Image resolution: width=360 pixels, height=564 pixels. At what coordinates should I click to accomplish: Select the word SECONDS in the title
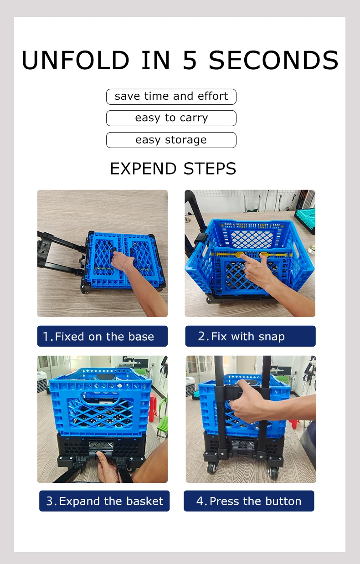[x=273, y=61]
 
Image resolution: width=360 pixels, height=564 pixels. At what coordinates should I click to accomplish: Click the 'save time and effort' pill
[x=171, y=97]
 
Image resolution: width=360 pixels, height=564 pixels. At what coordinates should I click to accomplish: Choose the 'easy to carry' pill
[x=171, y=118]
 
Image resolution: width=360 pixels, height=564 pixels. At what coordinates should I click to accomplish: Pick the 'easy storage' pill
[x=171, y=140]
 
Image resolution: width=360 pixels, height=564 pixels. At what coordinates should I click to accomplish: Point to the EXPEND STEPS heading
[x=173, y=169]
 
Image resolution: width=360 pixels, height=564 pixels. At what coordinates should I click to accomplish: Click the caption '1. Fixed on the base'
[x=103, y=336]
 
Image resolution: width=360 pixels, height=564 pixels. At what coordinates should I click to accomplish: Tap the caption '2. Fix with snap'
[x=250, y=336]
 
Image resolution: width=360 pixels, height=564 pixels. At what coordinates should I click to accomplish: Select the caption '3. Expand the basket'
[x=104, y=501]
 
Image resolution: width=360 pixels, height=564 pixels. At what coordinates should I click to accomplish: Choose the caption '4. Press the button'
[x=249, y=501]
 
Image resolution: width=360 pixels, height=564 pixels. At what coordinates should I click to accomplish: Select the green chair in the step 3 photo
[x=162, y=426]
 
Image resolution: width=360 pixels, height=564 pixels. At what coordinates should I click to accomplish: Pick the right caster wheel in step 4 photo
[x=274, y=473]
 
